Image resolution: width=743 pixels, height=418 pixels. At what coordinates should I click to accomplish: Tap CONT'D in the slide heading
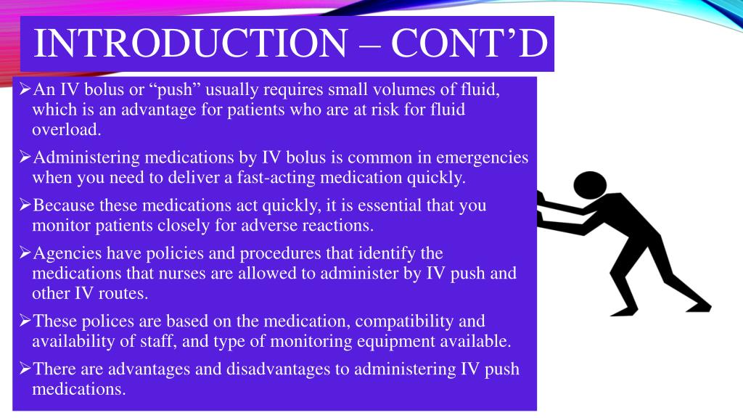pos(469,44)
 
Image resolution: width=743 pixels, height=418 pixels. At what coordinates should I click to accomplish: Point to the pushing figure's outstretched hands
pos(543,208)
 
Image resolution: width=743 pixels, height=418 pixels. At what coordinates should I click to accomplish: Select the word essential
pos(382,205)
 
